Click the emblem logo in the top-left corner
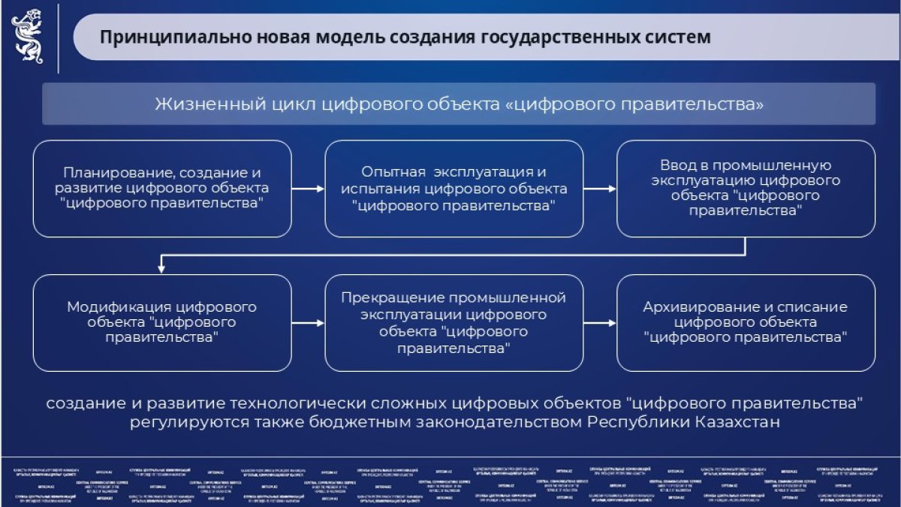(27, 37)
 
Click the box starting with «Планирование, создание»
(162, 189)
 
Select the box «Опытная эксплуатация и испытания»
(454, 189)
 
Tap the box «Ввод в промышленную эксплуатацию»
(746, 189)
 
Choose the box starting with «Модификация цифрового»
(162, 322)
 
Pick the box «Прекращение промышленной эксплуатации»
(454, 322)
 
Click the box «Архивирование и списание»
(746, 322)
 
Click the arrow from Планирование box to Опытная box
(308, 189)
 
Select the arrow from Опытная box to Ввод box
(600, 189)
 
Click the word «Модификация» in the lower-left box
(116, 307)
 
